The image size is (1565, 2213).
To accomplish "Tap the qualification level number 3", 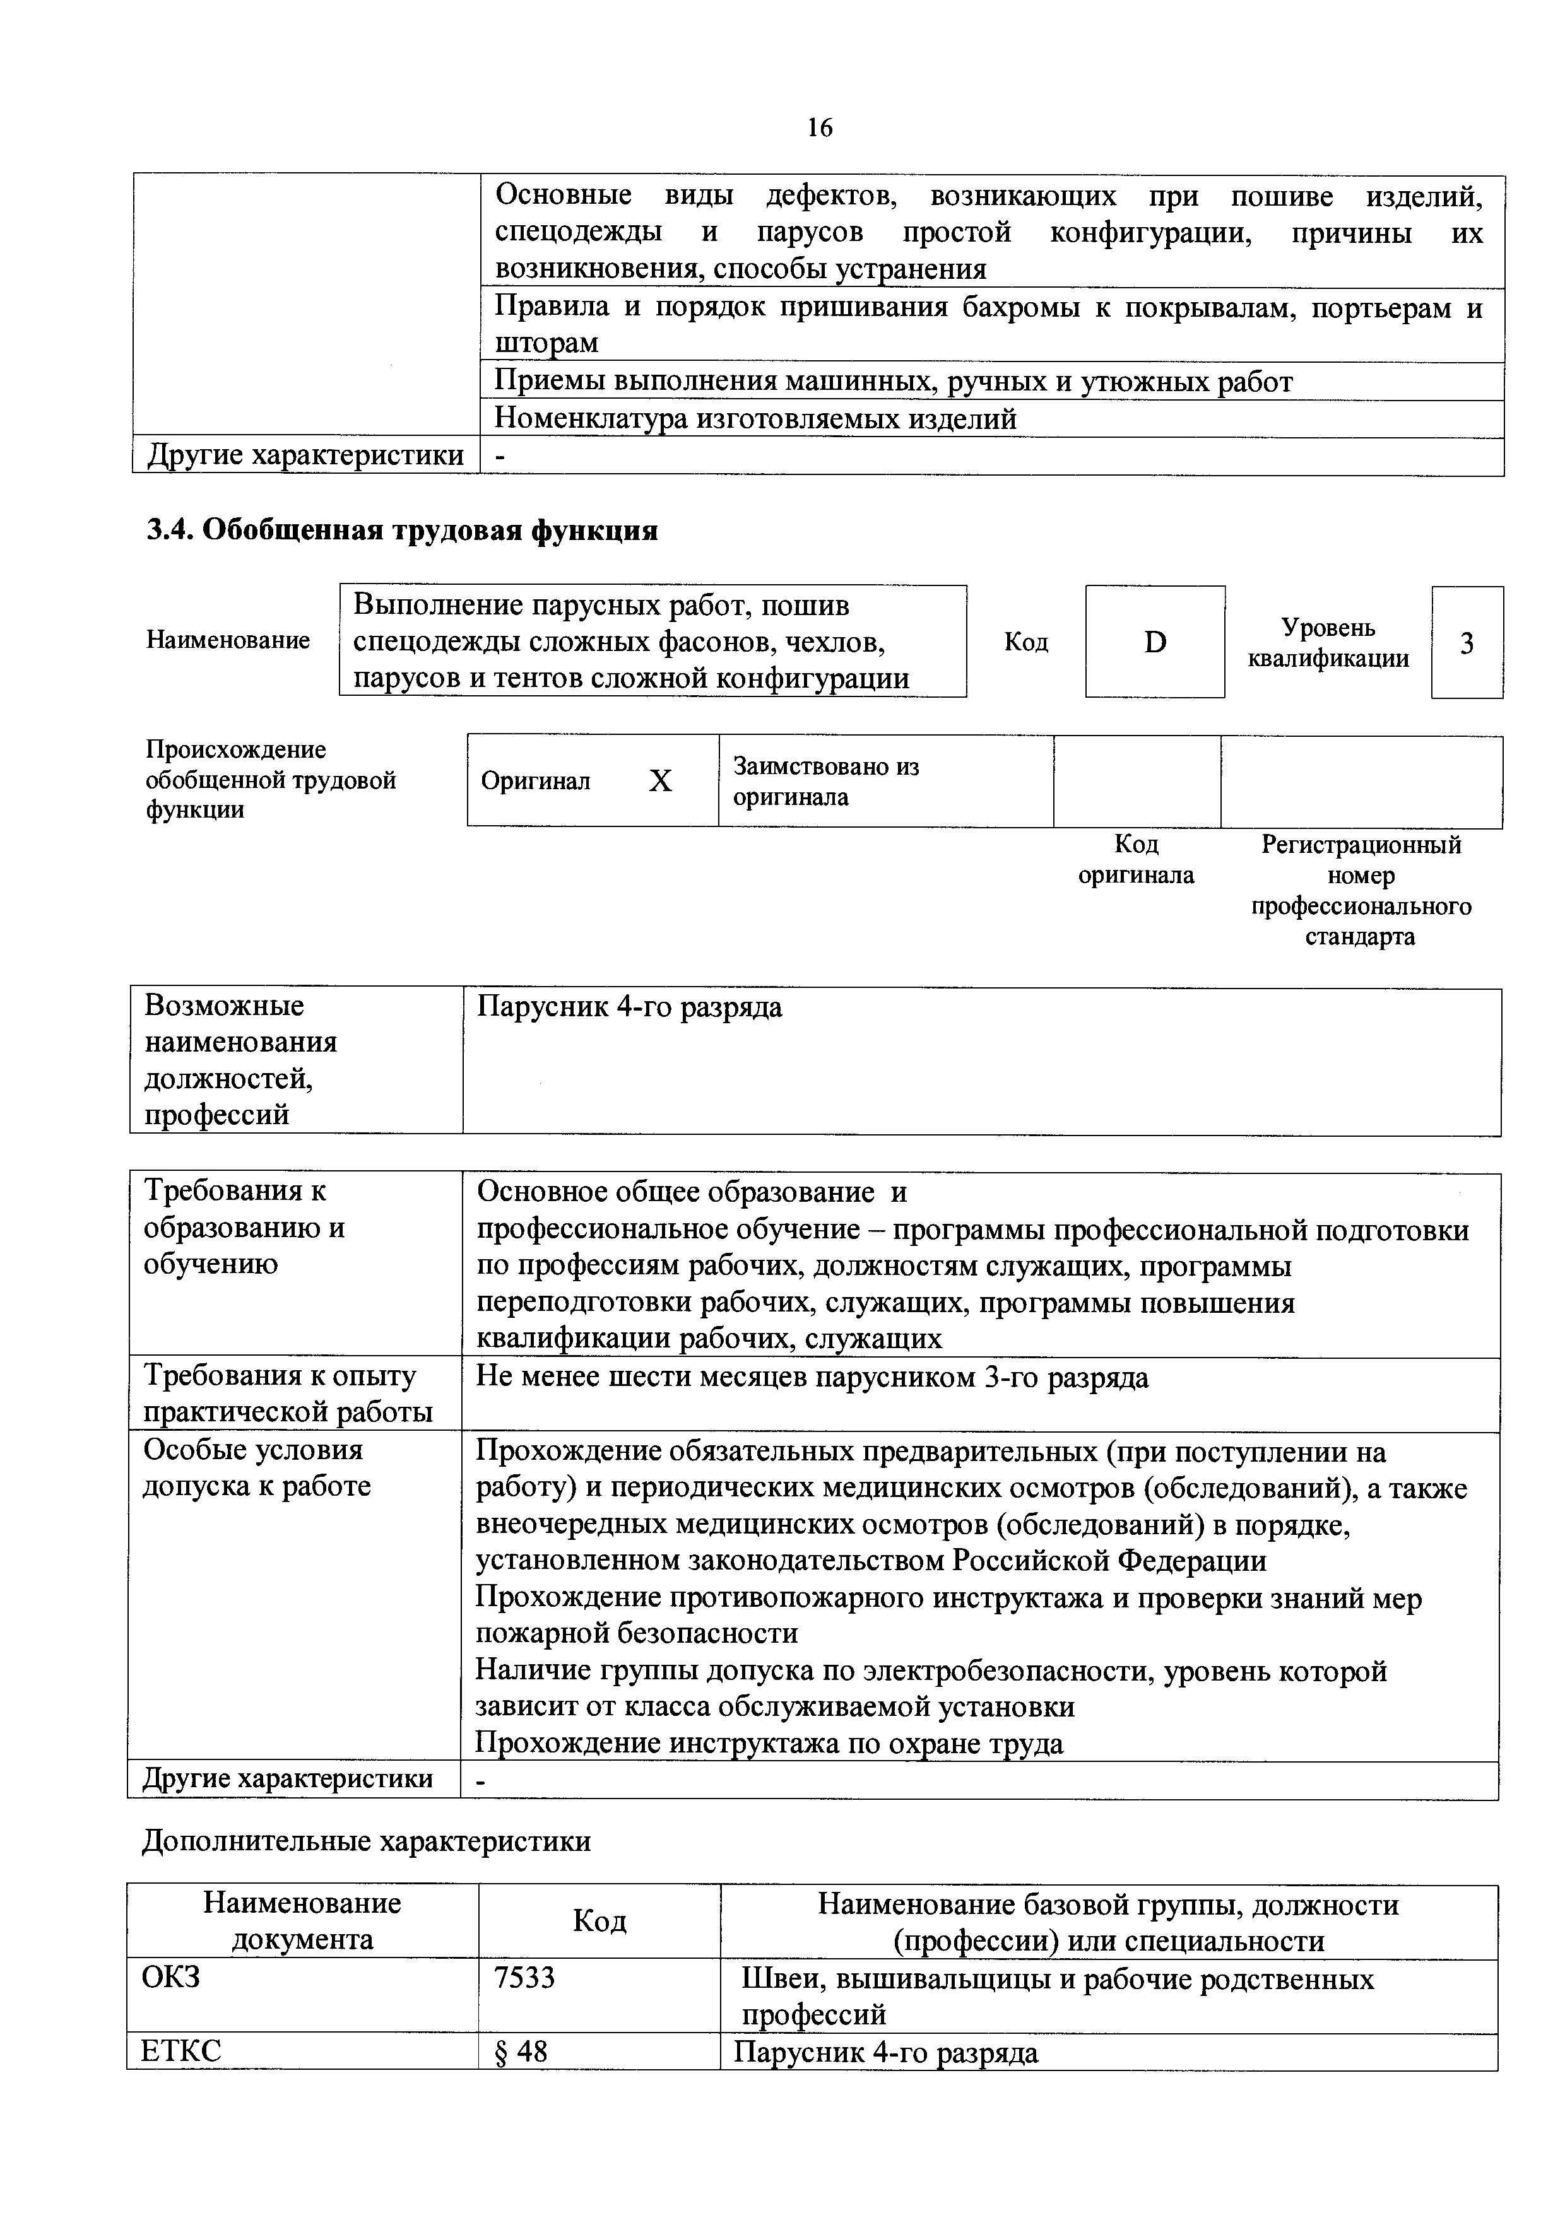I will [x=1466, y=643].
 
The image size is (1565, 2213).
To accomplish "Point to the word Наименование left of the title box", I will [x=228, y=640].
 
